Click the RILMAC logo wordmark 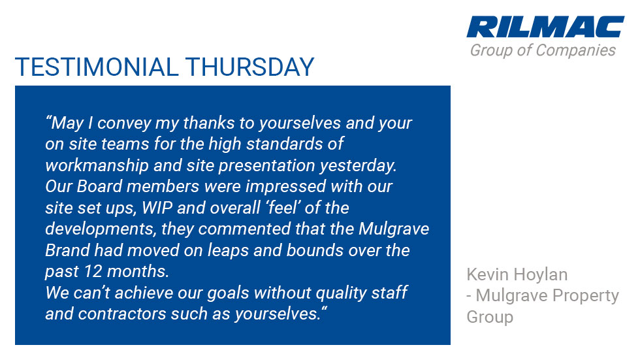(545, 27)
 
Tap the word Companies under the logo (575, 50)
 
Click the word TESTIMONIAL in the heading (97, 67)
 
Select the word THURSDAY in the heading (249, 67)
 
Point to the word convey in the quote (124, 123)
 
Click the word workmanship (97, 165)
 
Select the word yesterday (359, 166)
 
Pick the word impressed (286, 186)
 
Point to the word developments (101, 229)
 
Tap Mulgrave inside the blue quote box (394, 229)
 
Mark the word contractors (122, 314)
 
